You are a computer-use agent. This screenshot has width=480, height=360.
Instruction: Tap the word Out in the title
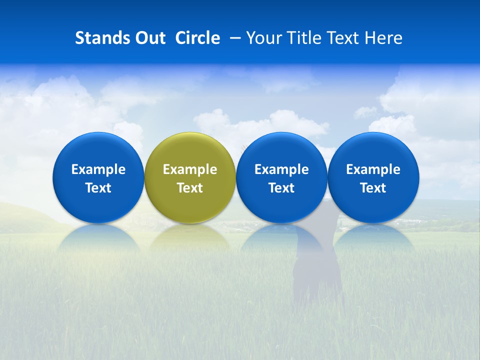pos(149,38)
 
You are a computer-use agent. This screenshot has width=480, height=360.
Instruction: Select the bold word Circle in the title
pos(197,38)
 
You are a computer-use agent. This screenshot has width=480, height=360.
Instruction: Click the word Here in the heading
pos(383,38)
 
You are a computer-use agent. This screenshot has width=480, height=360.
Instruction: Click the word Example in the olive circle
pos(190,170)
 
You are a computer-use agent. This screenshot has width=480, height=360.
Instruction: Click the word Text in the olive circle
pos(190,188)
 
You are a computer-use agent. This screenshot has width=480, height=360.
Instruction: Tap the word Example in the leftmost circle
pos(98,170)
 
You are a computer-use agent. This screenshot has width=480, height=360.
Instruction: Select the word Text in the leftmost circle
pos(98,188)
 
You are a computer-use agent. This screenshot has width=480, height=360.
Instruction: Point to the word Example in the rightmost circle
pos(373,170)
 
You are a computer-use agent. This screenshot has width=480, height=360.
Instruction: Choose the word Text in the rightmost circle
pos(373,188)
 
